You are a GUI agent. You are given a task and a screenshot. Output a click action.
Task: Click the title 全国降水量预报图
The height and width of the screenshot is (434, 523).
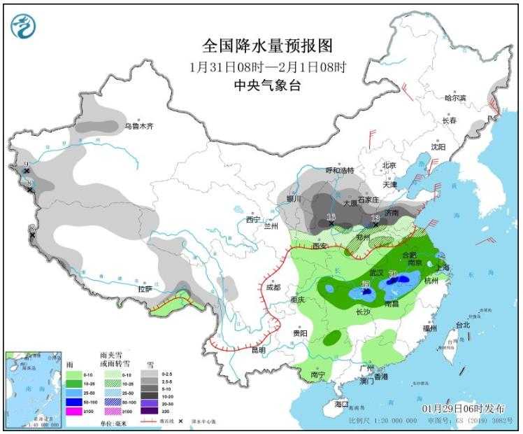pyautogui.click(x=267, y=46)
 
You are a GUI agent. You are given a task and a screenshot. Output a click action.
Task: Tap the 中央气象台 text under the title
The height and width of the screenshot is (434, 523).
pyautogui.click(x=267, y=85)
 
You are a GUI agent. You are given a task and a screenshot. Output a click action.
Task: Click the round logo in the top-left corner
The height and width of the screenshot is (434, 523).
pyautogui.click(x=22, y=25)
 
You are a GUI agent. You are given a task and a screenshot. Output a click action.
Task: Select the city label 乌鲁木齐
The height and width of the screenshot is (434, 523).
pyautogui.click(x=138, y=127)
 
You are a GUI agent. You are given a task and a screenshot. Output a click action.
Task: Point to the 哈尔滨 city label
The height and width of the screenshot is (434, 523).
pyautogui.click(x=455, y=98)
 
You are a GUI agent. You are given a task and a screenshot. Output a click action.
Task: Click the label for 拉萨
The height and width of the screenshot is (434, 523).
pyautogui.click(x=145, y=288)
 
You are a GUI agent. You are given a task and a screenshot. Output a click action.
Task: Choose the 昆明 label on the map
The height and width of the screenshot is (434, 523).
pyautogui.click(x=258, y=350)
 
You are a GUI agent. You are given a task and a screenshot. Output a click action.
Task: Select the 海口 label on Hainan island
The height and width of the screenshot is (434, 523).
pyautogui.click(x=342, y=404)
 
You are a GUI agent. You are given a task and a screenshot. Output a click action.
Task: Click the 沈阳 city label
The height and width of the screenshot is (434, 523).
pyautogui.click(x=438, y=147)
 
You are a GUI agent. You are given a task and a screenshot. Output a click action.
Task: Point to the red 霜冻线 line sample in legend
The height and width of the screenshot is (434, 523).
pyautogui.click(x=148, y=422)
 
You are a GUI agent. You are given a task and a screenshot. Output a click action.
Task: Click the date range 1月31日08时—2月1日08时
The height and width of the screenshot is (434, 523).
pyautogui.click(x=267, y=67)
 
